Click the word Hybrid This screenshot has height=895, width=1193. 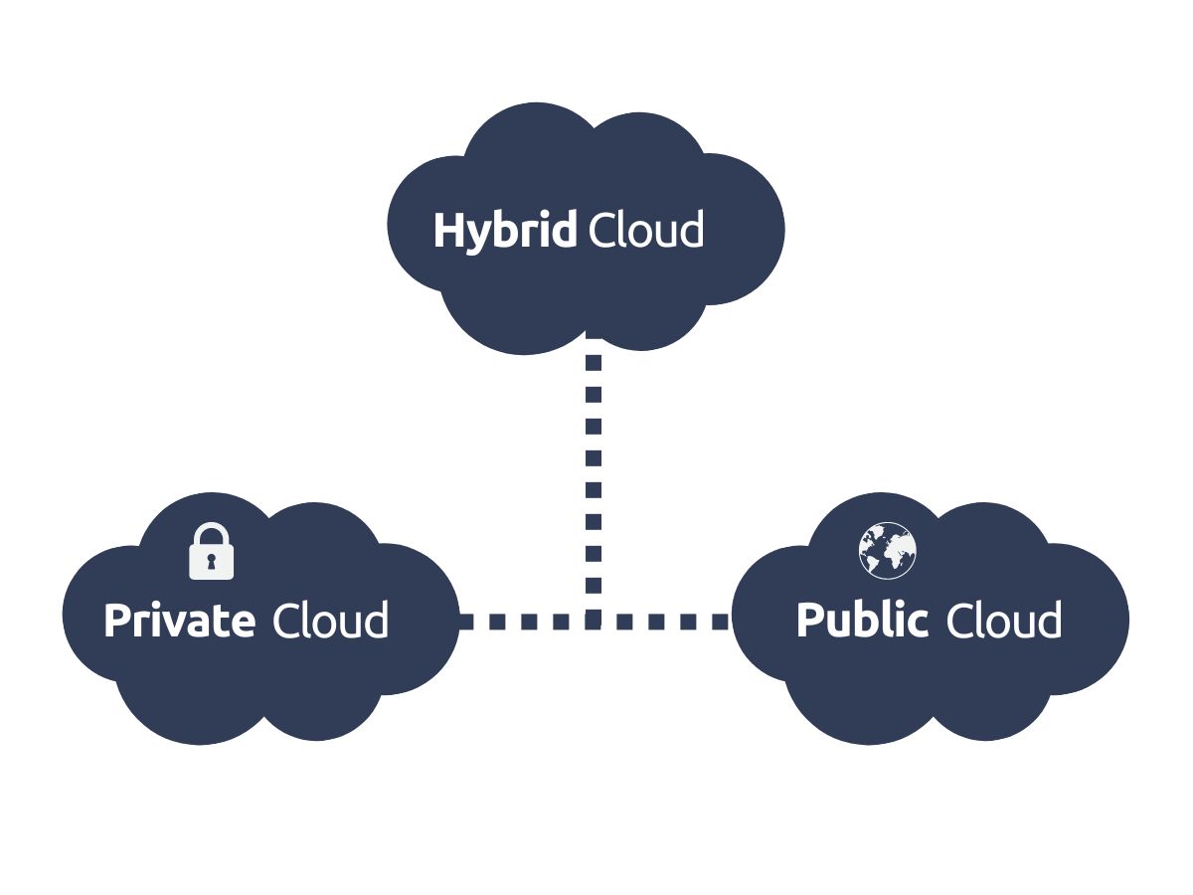(505, 231)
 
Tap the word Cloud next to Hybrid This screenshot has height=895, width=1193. (646, 231)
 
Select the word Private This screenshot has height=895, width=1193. (179, 622)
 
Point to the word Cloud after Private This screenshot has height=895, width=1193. (330, 622)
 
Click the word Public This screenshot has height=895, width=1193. (862, 622)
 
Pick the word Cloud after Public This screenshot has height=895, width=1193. (1003, 622)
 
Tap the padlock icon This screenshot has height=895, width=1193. (211, 551)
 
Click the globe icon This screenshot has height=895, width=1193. (888, 550)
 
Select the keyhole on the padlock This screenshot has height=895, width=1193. (211, 562)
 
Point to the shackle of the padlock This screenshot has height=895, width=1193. (211, 534)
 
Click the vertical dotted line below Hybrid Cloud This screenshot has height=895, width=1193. (594, 457)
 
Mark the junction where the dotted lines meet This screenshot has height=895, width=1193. (594, 622)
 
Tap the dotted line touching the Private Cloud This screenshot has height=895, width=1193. (497, 622)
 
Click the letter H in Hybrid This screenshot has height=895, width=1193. (447, 231)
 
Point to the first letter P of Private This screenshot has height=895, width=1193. (116, 622)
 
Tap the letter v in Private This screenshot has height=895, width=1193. (176, 624)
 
